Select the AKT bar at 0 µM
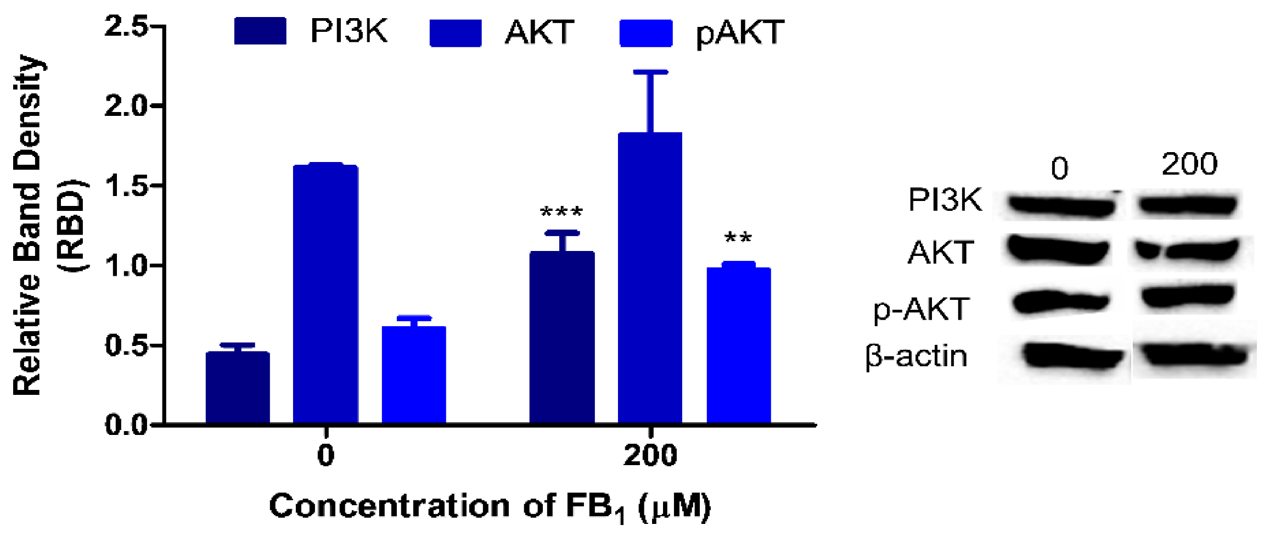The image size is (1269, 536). [325, 294]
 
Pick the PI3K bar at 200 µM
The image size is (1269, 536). [562, 337]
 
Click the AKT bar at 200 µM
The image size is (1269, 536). [650, 277]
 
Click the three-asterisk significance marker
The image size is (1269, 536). [561, 212]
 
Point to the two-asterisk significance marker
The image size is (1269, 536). [738, 238]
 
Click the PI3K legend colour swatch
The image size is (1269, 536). [260, 31]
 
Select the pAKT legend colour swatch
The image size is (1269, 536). [646, 33]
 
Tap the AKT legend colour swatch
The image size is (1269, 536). [456, 33]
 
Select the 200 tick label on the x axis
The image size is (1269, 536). [650, 455]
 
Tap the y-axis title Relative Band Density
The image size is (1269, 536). [27, 225]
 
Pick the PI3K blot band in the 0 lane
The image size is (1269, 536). [1061, 206]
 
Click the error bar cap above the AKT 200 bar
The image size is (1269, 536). [650, 72]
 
